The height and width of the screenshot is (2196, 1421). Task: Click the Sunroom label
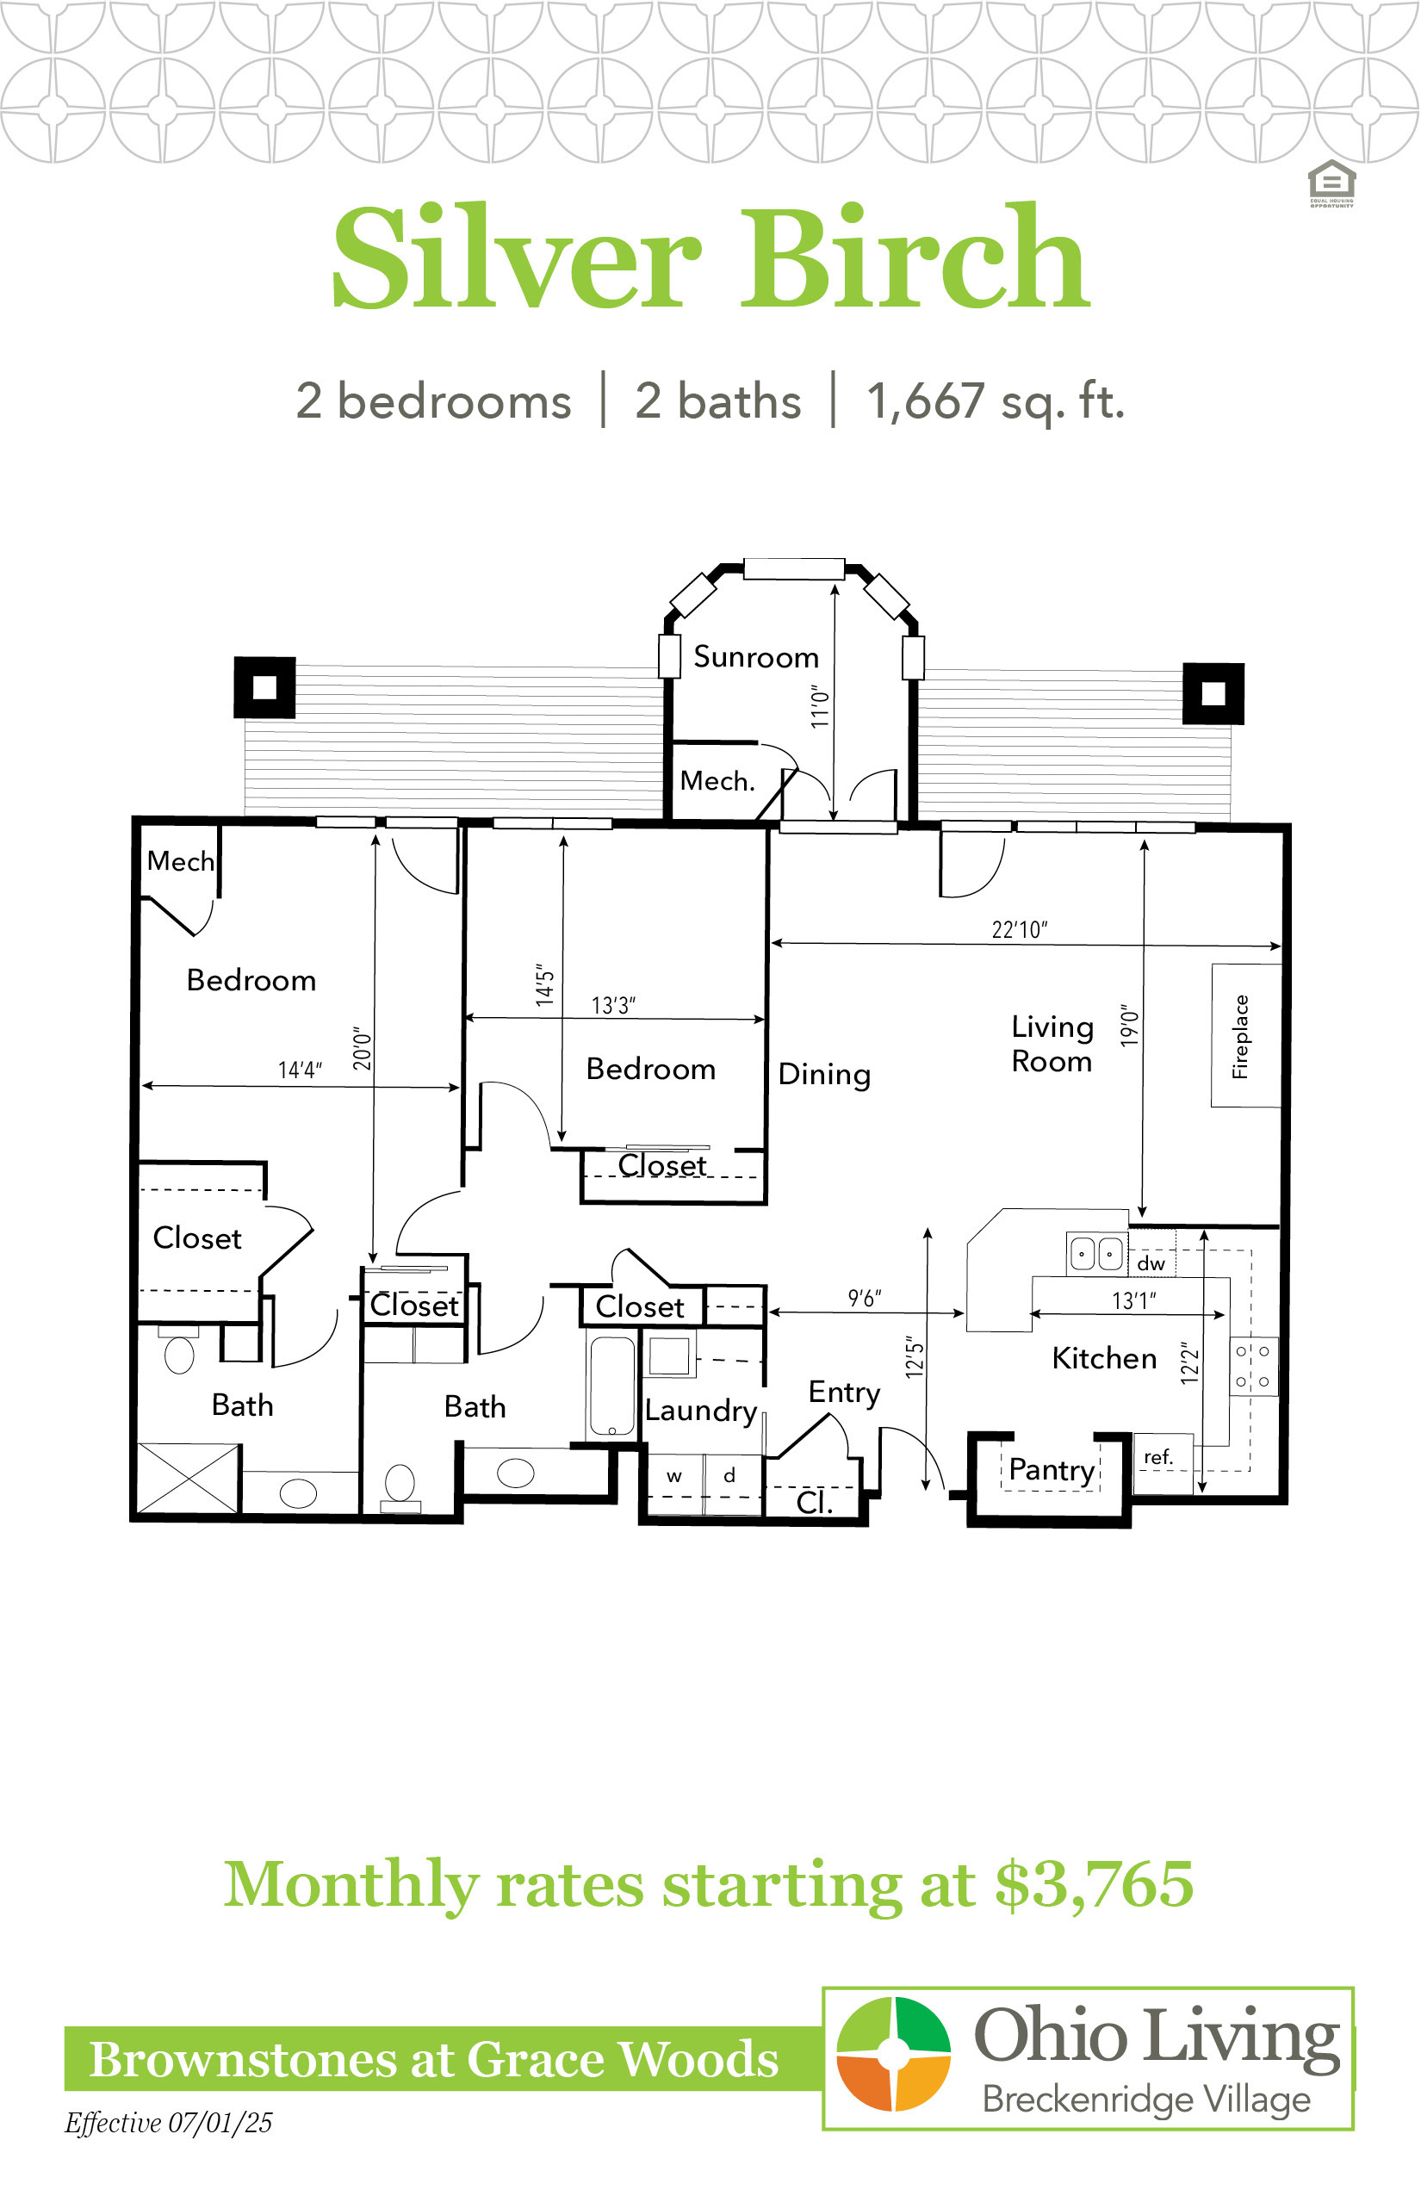coord(756,657)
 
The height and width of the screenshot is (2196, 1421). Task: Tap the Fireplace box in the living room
coord(1245,1035)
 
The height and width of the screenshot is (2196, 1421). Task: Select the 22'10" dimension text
coord(1020,929)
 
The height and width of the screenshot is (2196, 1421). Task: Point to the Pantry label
coord(1052,1469)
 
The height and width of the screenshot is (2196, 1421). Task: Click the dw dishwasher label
coord(1151,1263)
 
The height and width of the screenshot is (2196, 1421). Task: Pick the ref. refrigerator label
coord(1158,1457)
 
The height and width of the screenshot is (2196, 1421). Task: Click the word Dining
coord(824,1075)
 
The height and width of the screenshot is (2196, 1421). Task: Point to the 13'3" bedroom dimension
coord(613,1005)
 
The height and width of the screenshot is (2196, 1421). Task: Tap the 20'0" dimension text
coord(362,1049)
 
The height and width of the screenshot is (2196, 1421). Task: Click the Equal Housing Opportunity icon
coord(1331,183)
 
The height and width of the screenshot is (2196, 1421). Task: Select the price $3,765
coord(1095,1883)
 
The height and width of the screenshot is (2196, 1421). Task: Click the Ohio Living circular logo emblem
coord(893,2054)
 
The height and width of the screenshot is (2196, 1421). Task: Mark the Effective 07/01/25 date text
coord(169,2123)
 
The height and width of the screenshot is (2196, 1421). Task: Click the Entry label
coord(844,1393)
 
